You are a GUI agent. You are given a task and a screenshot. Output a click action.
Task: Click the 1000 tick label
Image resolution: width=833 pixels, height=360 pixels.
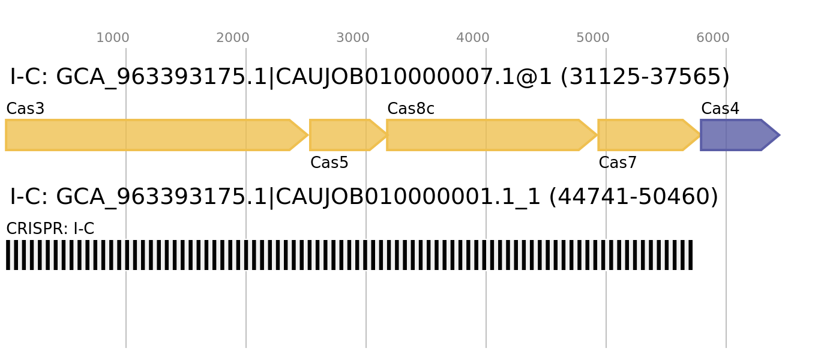coord(113,38)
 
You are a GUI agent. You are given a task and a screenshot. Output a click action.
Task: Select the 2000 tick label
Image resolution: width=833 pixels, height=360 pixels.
coord(233,38)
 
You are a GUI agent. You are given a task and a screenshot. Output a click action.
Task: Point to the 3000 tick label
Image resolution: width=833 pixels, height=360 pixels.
coord(353,38)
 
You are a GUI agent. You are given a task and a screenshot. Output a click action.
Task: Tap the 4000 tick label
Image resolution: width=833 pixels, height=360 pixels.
coord(473,38)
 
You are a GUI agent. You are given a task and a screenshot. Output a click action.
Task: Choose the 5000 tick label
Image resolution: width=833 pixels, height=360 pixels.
coord(593,38)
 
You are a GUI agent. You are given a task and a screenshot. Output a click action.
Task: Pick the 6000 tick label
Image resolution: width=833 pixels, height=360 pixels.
coord(713,38)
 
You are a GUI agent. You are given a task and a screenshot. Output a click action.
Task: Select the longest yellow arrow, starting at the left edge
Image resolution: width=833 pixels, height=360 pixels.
coord(150,135)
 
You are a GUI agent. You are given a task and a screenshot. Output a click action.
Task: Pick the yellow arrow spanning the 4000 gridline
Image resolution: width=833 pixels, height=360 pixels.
coord(486,135)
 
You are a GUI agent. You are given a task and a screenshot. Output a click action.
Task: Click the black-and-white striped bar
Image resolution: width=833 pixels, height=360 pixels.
coord(348,255)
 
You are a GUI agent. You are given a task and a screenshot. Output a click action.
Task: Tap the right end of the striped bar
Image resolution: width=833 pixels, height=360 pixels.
coord(692,255)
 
